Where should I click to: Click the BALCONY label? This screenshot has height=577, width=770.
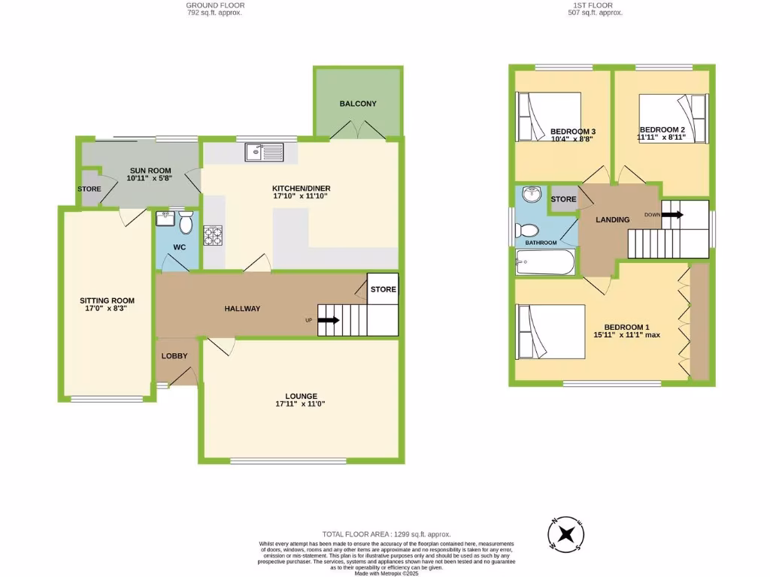tap(357, 104)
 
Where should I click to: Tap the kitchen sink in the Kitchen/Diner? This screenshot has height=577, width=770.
tap(262, 153)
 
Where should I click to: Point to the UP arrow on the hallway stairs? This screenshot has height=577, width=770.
tap(328, 320)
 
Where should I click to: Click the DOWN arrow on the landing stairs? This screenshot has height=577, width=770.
tap(672, 215)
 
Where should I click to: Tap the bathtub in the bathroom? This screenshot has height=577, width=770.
tap(544, 264)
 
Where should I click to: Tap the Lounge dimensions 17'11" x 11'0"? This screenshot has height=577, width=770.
tap(301, 404)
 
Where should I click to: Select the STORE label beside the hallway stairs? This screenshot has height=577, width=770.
tap(383, 289)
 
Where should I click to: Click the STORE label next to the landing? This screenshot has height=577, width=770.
tap(563, 199)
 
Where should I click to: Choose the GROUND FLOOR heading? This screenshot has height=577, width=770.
tap(214, 5)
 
